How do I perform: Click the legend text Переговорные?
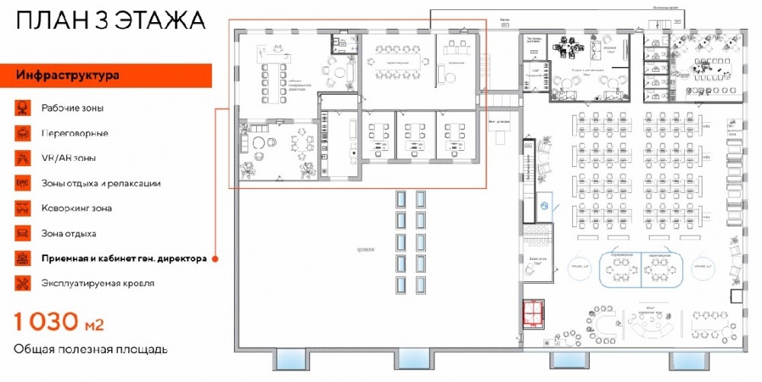pos(74,133)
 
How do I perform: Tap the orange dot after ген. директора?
pos(215,259)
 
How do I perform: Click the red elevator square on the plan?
pos(534,311)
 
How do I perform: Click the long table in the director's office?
pos(271,82)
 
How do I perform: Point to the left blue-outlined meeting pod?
pos(620,266)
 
